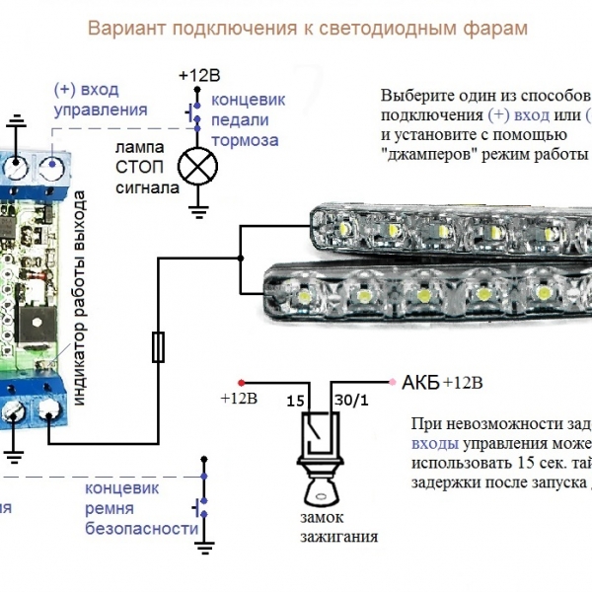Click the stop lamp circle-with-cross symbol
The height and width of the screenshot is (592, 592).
pyautogui.click(x=196, y=165)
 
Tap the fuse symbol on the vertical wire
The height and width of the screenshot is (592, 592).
pyautogui.click(x=158, y=346)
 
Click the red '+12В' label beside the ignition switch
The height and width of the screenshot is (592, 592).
pyautogui.click(x=238, y=399)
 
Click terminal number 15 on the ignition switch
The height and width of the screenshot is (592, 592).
pyautogui.click(x=293, y=403)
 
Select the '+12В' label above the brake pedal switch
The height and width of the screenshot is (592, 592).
pyautogui.click(x=200, y=76)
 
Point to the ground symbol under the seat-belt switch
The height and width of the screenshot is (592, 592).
pyautogui.click(x=204, y=545)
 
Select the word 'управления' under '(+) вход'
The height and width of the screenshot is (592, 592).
pyautogui.click(x=99, y=110)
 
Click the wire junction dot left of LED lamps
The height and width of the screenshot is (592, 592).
pyautogui.click(x=238, y=259)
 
